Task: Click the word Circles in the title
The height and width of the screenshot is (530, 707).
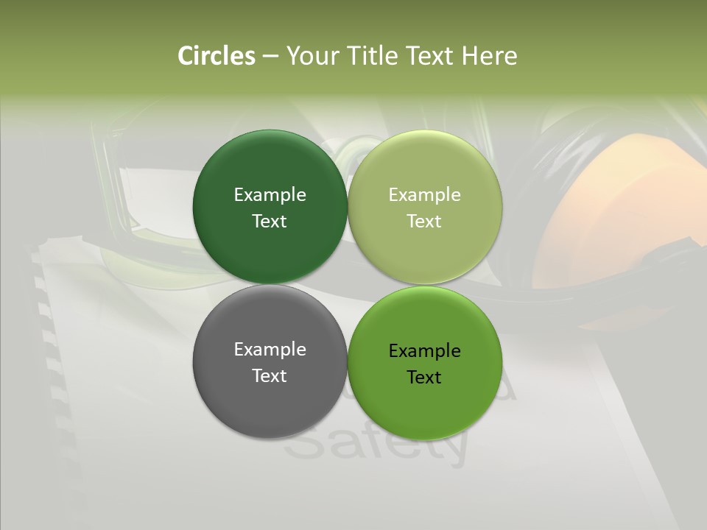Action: pyautogui.click(x=216, y=56)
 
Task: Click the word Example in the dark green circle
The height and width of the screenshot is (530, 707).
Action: pyautogui.click(x=270, y=195)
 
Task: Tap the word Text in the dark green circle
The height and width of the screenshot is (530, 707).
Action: pyautogui.click(x=270, y=222)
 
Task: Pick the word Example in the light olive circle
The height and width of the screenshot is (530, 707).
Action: pyautogui.click(x=424, y=195)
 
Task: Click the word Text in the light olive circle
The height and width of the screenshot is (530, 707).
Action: pyautogui.click(x=424, y=222)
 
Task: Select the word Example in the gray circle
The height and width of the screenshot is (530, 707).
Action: pyautogui.click(x=270, y=350)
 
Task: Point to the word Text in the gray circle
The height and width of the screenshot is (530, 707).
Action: pyautogui.click(x=270, y=376)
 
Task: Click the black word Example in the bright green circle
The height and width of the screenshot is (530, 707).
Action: pyautogui.click(x=424, y=351)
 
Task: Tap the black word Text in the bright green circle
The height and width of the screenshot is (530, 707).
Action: pyautogui.click(x=424, y=378)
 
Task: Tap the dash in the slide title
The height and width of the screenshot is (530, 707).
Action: pyautogui.click(x=270, y=57)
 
